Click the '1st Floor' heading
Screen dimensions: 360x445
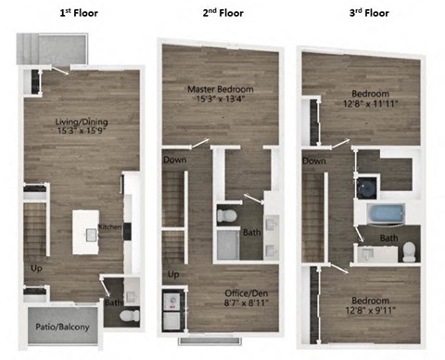click(79, 13)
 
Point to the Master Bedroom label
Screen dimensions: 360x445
click(221, 89)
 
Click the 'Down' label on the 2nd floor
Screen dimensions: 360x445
click(173, 160)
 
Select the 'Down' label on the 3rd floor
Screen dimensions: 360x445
click(314, 160)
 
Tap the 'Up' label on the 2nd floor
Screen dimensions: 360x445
click(173, 275)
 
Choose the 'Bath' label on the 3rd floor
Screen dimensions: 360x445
click(388, 238)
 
